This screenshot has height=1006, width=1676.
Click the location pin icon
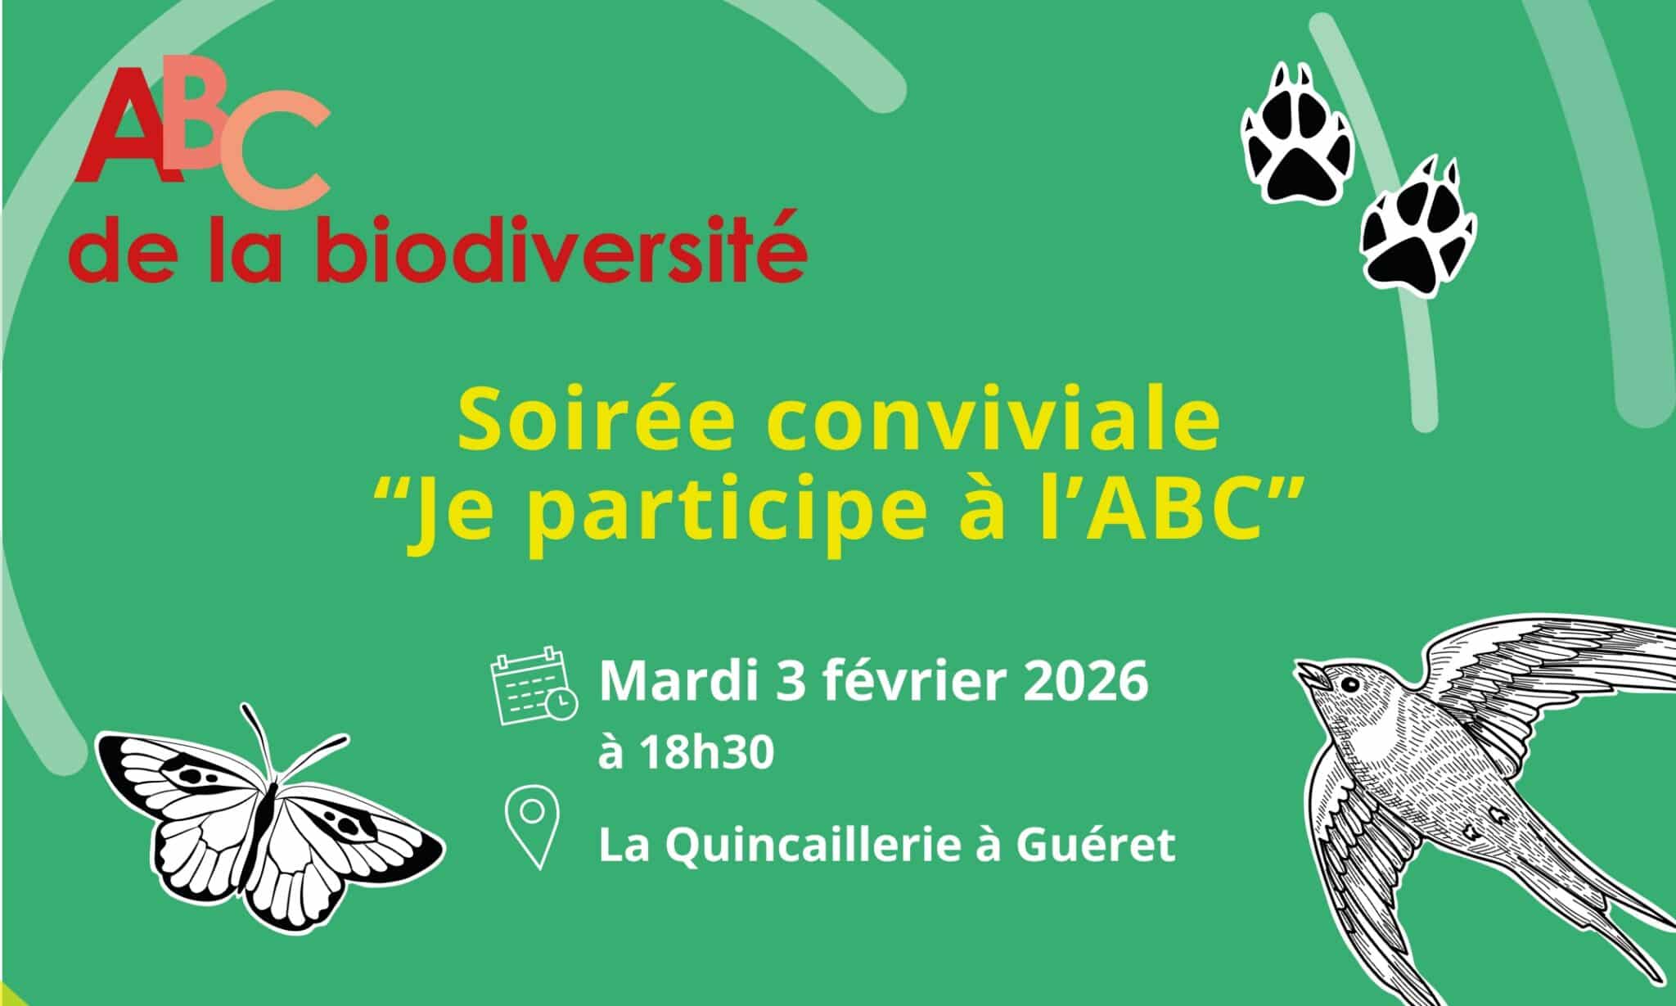coord(534,827)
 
